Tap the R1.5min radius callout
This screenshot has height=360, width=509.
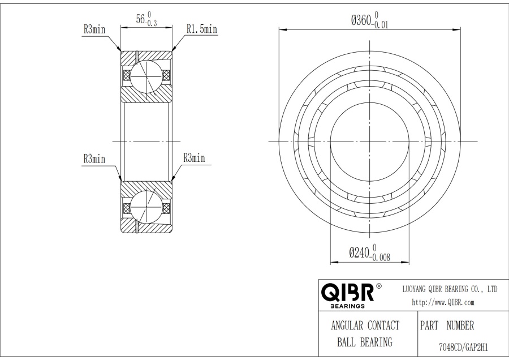click(x=202, y=29)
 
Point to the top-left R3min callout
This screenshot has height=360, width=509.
click(x=94, y=29)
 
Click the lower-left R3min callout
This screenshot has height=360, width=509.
click(x=94, y=159)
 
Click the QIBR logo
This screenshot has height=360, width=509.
click(x=347, y=292)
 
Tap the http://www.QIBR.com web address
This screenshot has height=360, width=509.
click(x=443, y=302)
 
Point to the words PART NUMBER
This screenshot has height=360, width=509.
click(x=447, y=326)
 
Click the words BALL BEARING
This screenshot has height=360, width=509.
click(x=365, y=342)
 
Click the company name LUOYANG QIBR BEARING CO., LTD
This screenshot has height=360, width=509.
click(x=449, y=289)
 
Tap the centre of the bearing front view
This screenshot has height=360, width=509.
click(x=370, y=142)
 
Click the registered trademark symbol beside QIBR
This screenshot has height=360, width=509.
click(x=378, y=285)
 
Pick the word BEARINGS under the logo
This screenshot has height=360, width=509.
click(x=347, y=306)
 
